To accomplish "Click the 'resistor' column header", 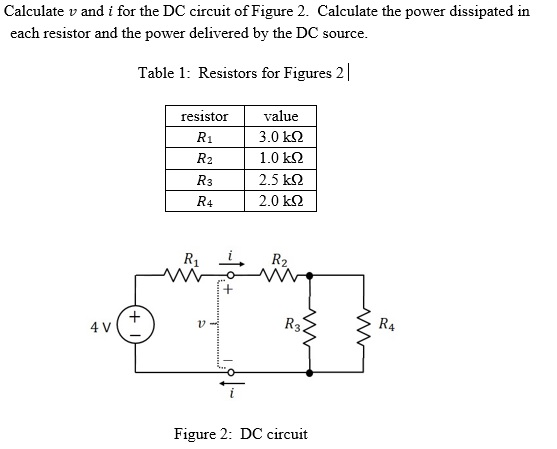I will pos(204,116).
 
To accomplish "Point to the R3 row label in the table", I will pos(204,180).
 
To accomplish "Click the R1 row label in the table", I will pos(204,137).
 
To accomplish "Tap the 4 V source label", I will pos(98,326).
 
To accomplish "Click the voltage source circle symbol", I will pos(136,325).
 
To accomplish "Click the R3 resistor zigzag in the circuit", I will pos(308,324).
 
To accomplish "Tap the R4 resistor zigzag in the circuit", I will pos(365,324).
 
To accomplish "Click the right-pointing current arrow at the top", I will pos(231,264).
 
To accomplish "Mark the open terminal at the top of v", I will pos(231,275).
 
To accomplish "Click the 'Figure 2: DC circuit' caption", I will pos(240,434).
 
